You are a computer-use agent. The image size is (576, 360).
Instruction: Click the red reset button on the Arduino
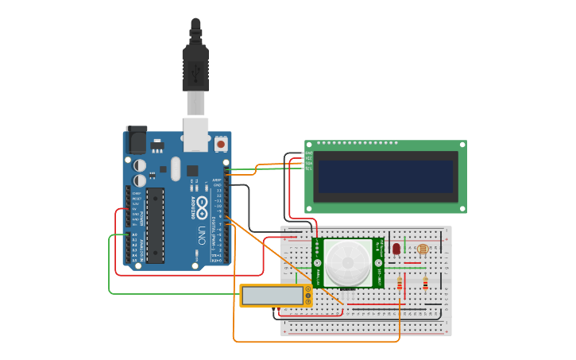click(220, 145)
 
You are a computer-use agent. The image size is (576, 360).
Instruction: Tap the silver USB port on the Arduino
click(195, 134)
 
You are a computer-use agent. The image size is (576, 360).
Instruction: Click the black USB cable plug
click(195, 68)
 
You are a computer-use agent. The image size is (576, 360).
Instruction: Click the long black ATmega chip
click(155, 225)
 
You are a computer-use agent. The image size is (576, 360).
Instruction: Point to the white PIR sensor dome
click(347, 261)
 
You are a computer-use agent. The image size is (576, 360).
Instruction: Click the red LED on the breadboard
click(396, 249)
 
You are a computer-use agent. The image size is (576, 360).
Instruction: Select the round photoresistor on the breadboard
click(421, 250)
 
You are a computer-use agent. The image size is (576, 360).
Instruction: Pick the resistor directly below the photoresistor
click(425, 283)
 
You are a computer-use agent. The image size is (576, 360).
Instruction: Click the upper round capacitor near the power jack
click(139, 165)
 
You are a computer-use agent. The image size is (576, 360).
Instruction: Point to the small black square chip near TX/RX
click(192, 170)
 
